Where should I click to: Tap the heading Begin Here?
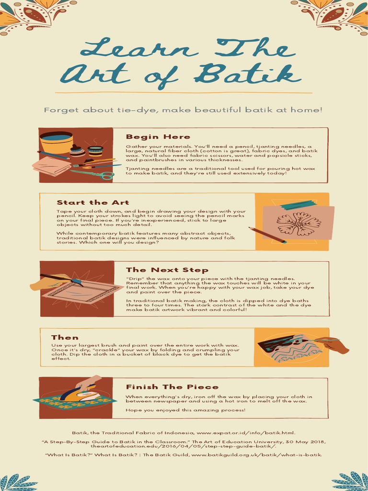click(x=151, y=137)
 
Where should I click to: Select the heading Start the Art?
click(x=82, y=202)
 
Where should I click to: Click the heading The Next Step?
click(x=167, y=270)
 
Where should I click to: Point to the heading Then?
click(x=65, y=338)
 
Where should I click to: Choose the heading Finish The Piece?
click(x=172, y=387)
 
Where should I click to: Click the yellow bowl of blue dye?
click(x=56, y=142)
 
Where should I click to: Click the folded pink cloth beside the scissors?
click(x=52, y=166)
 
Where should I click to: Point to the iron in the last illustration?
click(x=79, y=393)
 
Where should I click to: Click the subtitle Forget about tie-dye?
click(x=183, y=110)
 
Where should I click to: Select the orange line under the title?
click(x=184, y=93)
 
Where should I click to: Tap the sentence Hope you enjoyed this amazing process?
click(x=185, y=410)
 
